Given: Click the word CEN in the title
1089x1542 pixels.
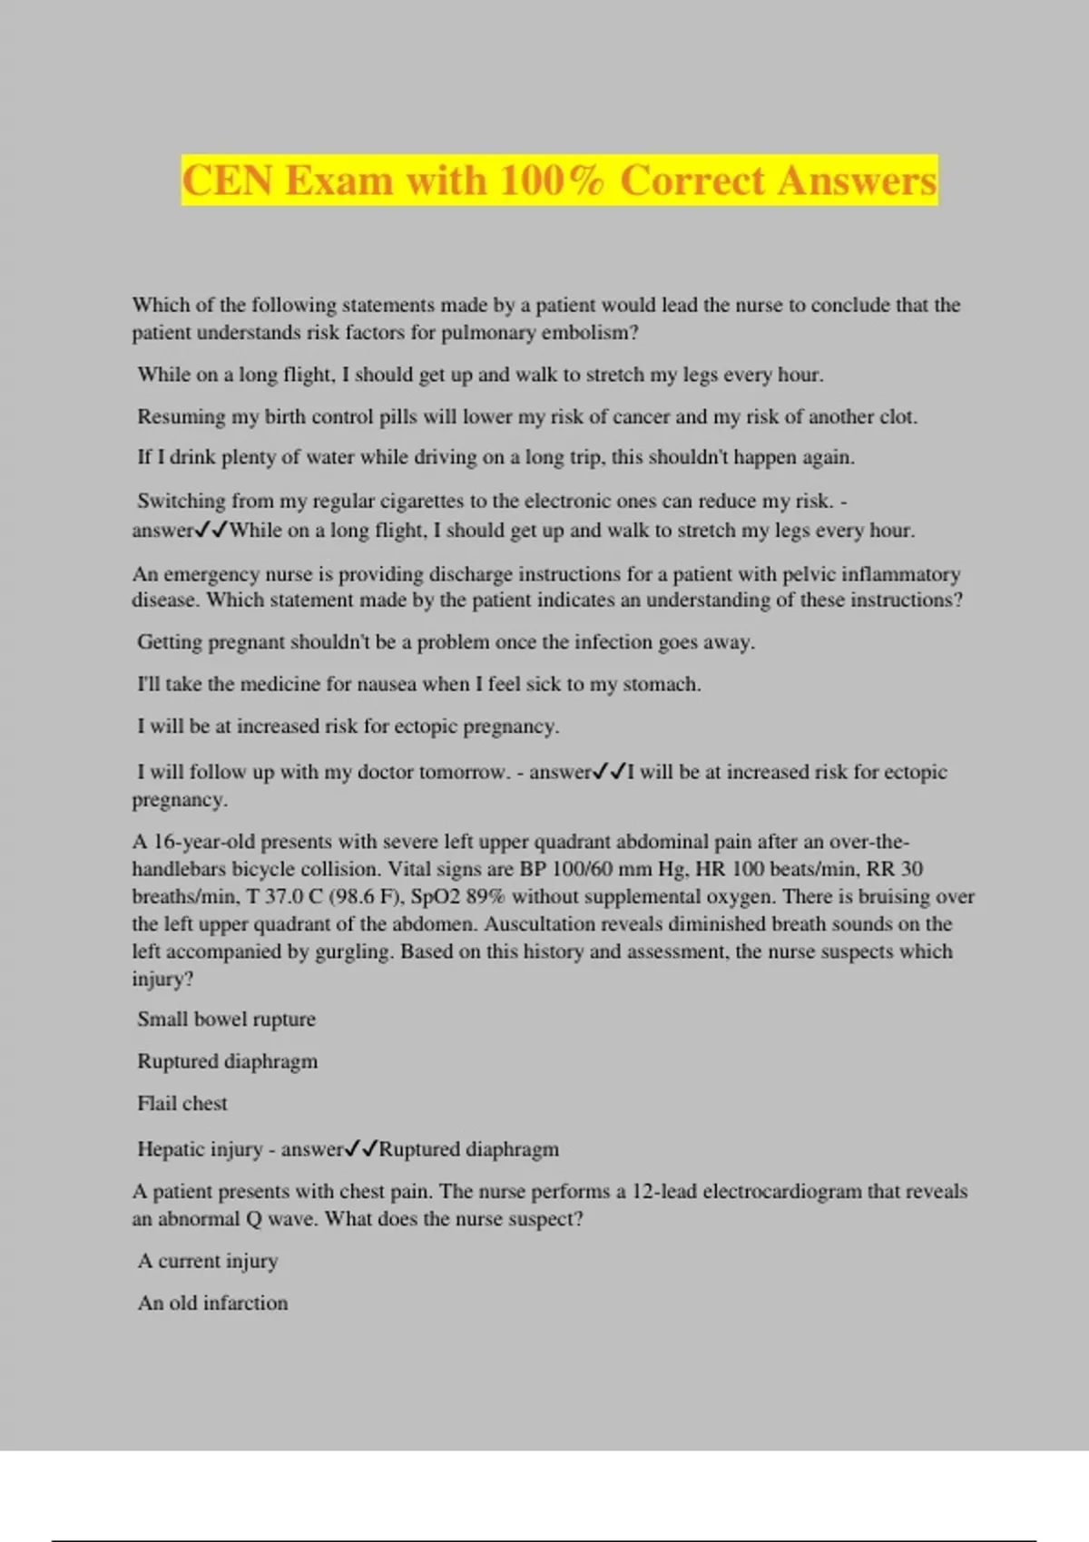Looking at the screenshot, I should (227, 181).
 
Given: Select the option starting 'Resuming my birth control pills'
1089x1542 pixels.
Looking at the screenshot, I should (526, 417).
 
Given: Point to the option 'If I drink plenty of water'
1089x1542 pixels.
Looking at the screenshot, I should (495, 457).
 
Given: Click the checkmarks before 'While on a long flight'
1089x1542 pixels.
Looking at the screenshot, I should (212, 530).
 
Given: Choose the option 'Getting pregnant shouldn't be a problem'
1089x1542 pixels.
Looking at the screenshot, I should (446, 642).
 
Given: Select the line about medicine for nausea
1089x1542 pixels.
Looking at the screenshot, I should (418, 684).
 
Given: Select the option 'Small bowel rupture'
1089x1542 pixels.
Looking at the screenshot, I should (226, 1020).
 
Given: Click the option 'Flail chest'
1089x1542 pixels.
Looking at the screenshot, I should (181, 1104).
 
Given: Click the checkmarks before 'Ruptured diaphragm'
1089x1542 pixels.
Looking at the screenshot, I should (361, 1149).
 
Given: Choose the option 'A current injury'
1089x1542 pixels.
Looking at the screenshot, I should (208, 1261).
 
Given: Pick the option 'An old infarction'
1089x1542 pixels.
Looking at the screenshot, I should (212, 1303).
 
